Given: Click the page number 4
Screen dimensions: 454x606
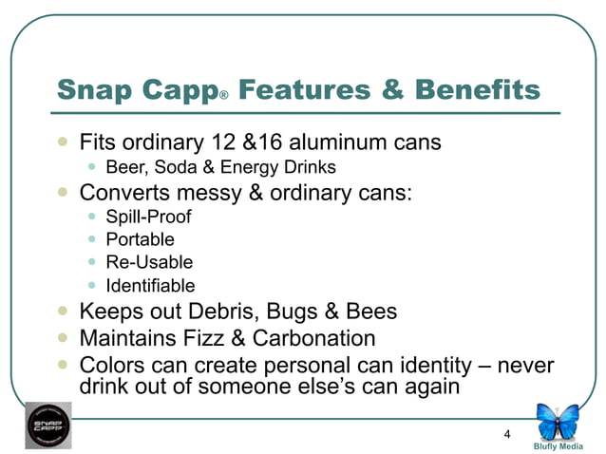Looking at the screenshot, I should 507,435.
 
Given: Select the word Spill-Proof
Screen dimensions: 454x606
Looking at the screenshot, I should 150,216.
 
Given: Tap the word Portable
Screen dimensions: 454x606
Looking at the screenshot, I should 140,238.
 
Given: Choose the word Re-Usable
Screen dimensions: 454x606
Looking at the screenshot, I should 149,261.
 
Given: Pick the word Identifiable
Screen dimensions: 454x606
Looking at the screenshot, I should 150,285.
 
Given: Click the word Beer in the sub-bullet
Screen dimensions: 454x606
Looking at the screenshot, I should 123,167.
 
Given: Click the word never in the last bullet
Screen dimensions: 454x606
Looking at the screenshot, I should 525,365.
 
